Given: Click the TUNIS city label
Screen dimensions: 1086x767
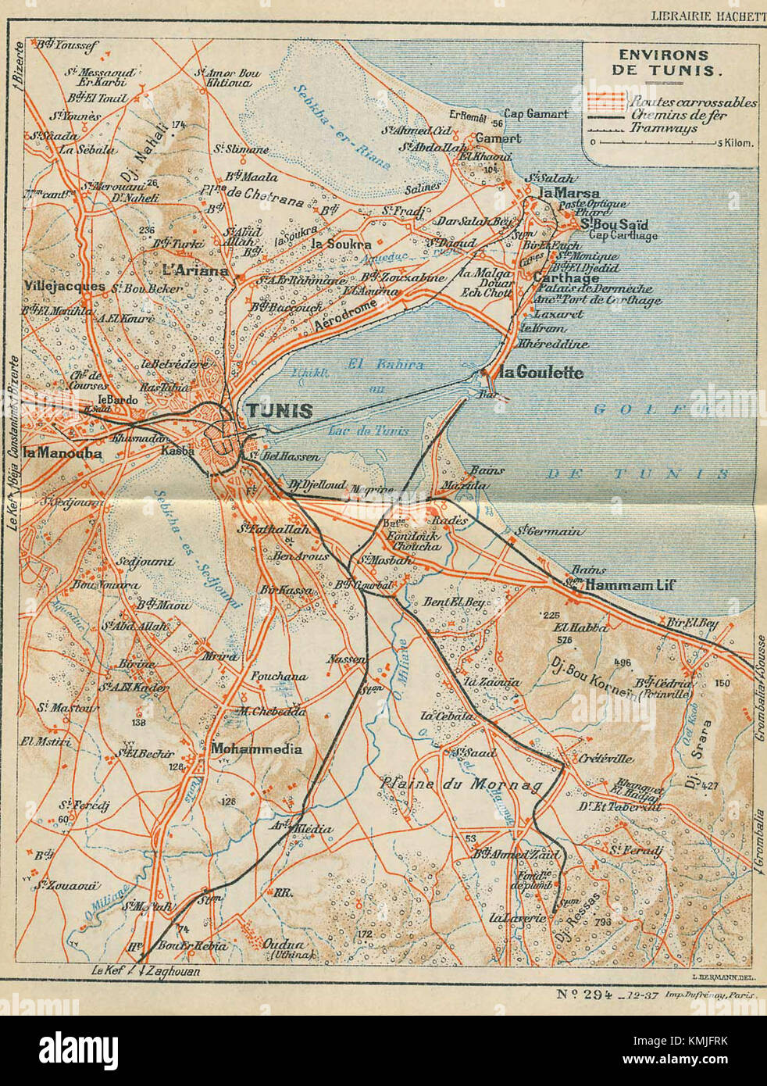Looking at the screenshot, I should (x=280, y=411).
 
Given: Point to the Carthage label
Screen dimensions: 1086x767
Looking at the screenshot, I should (x=565, y=277).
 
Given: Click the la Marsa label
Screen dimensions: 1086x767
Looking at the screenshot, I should (x=569, y=193).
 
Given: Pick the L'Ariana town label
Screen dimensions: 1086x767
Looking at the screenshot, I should (x=195, y=270).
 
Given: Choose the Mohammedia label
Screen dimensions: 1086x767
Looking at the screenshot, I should (x=256, y=748).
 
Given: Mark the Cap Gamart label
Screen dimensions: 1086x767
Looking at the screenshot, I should (x=536, y=114).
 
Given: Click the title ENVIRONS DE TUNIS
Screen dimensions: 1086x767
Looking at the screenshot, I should (x=663, y=63).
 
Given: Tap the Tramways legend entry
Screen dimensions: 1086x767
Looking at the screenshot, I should (x=663, y=128).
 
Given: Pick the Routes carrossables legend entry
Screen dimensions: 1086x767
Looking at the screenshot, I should (x=693, y=102).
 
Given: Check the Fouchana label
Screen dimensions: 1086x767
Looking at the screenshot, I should (x=279, y=677).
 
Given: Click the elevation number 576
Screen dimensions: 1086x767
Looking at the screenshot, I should (x=565, y=639).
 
